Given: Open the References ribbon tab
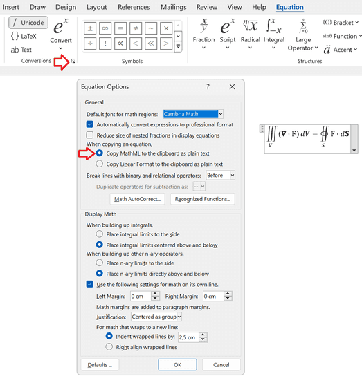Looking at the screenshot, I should click(134, 7).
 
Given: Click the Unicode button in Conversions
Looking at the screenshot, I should click(27, 22).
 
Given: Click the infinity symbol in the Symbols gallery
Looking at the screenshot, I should click(105, 29).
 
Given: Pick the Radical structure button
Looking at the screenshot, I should click(250, 31).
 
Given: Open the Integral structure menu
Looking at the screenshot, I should click(274, 31).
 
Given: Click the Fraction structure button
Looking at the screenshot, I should click(203, 31).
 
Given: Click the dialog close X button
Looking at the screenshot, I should click(232, 87).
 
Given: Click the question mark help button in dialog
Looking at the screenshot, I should click(208, 87).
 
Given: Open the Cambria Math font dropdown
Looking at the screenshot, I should click(193, 113).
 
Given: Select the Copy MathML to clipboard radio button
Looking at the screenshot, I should click(100, 153).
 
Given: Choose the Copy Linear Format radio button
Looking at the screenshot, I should click(100, 164).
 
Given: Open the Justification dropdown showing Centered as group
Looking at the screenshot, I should click(156, 317).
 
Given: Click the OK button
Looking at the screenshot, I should click(177, 364).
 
